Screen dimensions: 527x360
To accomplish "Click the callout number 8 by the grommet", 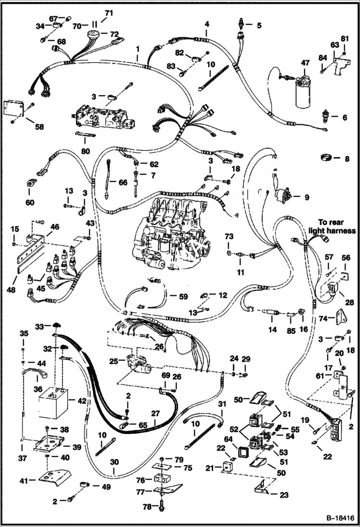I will click(347, 159).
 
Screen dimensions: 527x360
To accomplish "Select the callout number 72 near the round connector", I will click(114, 34).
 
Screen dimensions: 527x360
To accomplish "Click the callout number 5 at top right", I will click(259, 25).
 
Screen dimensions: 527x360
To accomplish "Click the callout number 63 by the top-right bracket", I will click(334, 45).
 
